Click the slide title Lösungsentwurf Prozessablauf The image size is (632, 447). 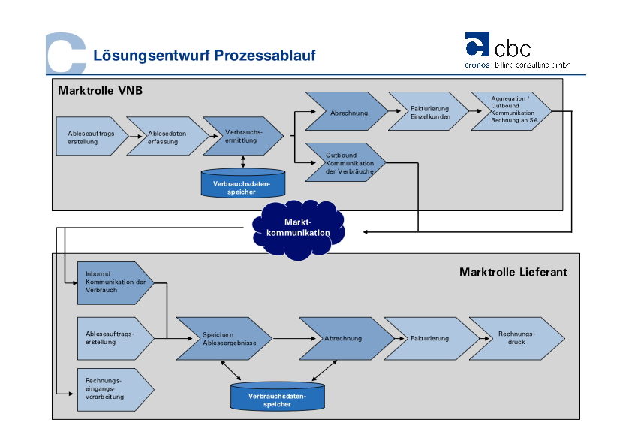click(204, 56)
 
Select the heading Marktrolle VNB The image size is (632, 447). click(100, 91)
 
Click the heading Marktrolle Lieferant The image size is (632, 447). click(513, 272)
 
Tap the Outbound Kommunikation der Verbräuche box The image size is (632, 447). click(345, 162)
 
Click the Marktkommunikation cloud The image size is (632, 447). click(298, 227)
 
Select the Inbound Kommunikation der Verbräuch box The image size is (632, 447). click(113, 282)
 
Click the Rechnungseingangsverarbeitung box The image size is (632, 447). click(113, 389)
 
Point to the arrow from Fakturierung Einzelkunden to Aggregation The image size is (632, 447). click(469, 112)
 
